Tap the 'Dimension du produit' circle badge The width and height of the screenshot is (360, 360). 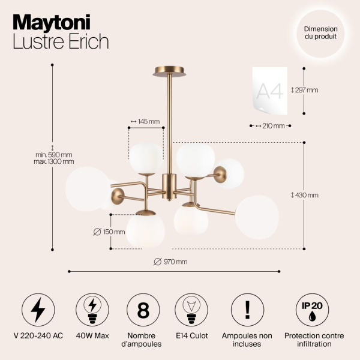click(320, 32)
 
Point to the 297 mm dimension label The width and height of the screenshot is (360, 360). click(305, 90)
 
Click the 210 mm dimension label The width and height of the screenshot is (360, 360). click(271, 126)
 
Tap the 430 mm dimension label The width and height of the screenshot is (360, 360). click(305, 195)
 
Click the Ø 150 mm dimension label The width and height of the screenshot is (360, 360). click(109, 232)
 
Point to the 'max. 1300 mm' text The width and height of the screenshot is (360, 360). click(54, 161)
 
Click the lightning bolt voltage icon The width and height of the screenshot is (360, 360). click(38, 310)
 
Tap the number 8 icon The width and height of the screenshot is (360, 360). click(143, 310)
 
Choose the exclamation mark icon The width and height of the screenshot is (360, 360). click(248, 310)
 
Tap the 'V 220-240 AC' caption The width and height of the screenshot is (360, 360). click(38, 336)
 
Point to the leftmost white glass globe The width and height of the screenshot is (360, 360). click(88, 189)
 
